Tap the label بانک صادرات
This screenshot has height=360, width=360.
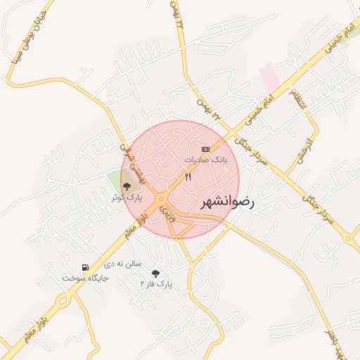click(206, 160)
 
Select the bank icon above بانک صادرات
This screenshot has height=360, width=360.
click(205, 149)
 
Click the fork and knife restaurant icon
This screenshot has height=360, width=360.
click(188, 177)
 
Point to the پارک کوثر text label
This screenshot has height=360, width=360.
click(127, 198)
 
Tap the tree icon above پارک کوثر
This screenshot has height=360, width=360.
click(127, 186)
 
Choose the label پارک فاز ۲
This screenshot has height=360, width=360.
click(156, 284)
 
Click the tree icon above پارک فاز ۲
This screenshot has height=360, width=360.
click(155, 273)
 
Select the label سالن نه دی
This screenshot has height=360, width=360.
click(123, 264)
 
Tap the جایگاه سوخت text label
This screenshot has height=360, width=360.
click(85, 278)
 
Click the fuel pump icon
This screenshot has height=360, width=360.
click(85, 267)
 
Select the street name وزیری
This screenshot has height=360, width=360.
click(167, 213)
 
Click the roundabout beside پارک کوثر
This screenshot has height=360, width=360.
click(160, 198)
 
